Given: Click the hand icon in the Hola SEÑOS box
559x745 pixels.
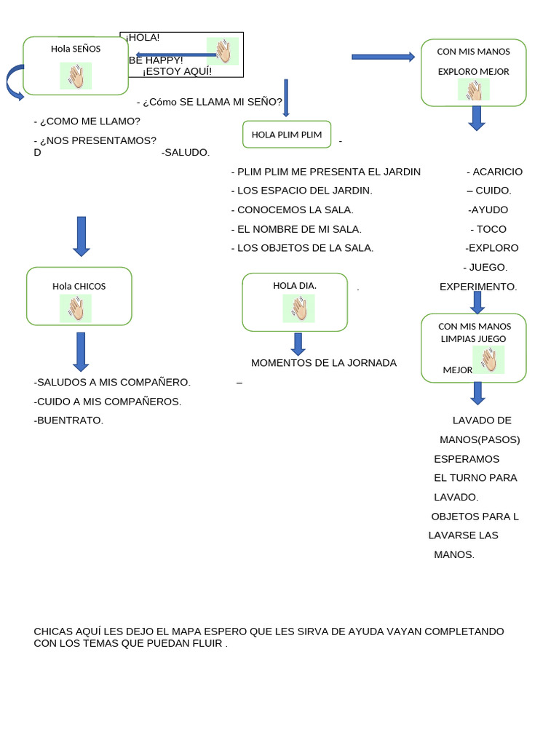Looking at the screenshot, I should click(76, 76).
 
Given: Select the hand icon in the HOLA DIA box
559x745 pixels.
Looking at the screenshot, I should click(298, 308).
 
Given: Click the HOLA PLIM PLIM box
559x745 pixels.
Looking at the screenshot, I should click(287, 135).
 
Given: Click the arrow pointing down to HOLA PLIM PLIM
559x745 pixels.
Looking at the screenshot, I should click(286, 97).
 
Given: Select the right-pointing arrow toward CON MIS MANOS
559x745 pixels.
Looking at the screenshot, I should click(382, 57).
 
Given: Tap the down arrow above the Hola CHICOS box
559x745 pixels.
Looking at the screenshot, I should click(81, 236).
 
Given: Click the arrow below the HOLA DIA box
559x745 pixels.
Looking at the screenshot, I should click(298, 344).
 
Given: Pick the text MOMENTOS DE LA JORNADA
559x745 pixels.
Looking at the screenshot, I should click(324, 362).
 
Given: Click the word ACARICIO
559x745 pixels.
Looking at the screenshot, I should click(497, 172).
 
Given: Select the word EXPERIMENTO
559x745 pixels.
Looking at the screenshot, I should click(478, 287).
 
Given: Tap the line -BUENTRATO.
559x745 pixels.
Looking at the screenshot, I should click(68, 420).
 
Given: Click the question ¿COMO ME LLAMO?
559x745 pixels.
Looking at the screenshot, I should click(87, 121).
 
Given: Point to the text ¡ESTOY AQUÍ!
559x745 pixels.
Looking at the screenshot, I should click(178, 71).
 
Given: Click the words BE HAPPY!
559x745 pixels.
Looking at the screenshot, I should click(156, 60).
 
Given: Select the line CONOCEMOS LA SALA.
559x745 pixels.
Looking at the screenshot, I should click(292, 210).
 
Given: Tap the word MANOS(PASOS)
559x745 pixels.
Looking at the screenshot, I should click(480, 439).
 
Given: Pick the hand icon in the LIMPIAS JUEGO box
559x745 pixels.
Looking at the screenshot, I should click(489, 359).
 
